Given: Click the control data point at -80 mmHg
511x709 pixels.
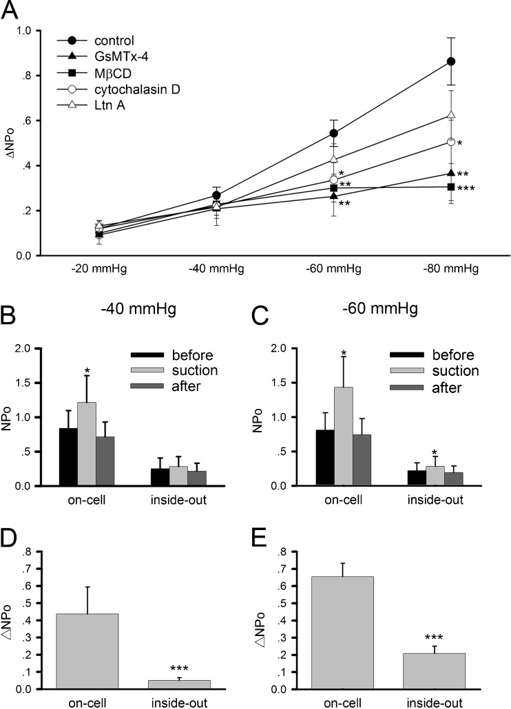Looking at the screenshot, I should (x=452, y=61).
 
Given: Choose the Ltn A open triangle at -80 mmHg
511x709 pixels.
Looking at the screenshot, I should (x=452, y=114).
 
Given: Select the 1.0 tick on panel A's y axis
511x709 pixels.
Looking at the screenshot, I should (x=43, y=30).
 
